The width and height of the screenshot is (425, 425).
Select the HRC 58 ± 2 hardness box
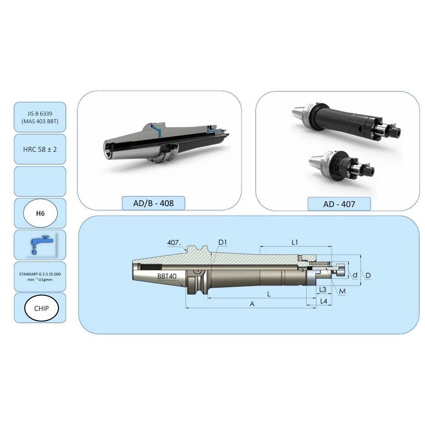[40, 149]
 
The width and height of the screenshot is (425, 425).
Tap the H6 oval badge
[40, 213]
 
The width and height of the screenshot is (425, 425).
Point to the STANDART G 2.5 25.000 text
[40, 274]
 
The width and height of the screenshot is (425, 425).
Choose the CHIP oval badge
[41, 308]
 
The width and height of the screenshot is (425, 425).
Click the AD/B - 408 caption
[154, 203]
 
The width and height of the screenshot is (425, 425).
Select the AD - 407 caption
[339, 204]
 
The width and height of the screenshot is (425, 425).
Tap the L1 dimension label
[295, 242]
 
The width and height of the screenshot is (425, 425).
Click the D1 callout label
[222, 242]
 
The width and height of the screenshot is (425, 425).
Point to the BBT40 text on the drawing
[167, 276]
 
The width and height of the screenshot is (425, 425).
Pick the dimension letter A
[252, 304]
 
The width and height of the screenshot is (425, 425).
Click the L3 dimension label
[323, 290]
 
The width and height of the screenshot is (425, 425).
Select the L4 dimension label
[324, 301]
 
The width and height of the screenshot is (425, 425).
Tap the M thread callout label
[343, 291]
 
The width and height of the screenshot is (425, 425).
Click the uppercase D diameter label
[368, 275]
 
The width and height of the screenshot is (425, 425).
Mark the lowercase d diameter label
[355, 275]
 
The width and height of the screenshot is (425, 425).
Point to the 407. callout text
[174, 242]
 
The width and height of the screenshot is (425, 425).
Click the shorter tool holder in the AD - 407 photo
[342, 166]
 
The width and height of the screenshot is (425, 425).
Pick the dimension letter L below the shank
[269, 294]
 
